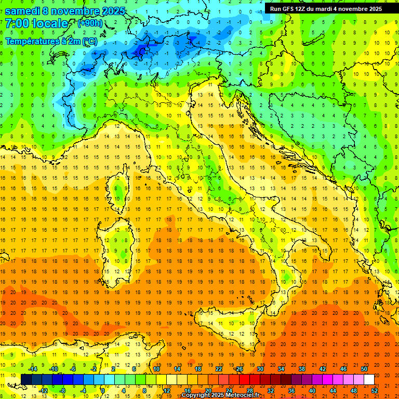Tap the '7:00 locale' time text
[x=36, y=23]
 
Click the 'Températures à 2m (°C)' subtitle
[x=51, y=41]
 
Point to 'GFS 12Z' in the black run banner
[x=295, y=9]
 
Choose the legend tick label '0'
[x=103, y=391]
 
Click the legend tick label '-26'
[x=238, y=369]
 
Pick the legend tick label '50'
[x=364, y=369]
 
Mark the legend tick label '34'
[x=281, y=369]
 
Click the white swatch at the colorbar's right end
[x=369, y=379]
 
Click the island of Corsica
[x=119, y=190]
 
